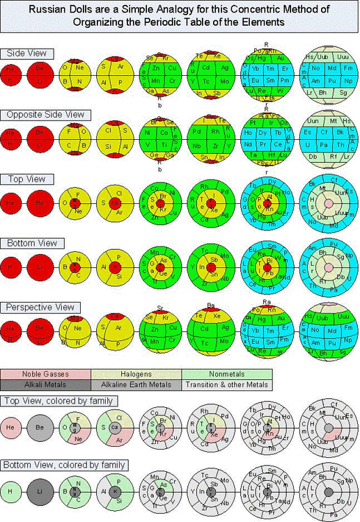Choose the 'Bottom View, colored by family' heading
click(65, 464)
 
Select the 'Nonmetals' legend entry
click(226, 374)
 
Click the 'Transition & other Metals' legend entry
click(226, 385)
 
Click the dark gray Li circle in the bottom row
click(39, 491)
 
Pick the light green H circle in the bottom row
click(11, 491)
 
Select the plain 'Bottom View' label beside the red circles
click(32, 243)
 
